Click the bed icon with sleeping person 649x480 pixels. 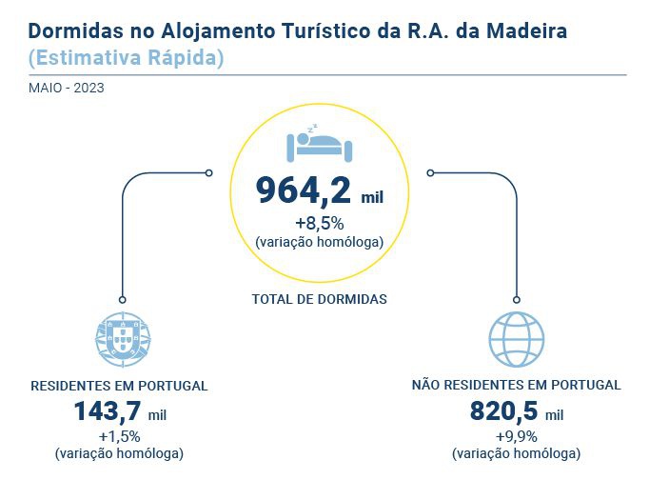click(320, 144)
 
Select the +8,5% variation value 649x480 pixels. click(319, 225)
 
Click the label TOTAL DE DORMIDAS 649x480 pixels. click(320, 299)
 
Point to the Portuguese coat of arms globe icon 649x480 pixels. click(124, 338)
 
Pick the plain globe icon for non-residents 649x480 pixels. click(516, 338)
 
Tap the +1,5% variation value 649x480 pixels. click(119, 436)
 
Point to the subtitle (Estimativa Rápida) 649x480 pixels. click(127, 57)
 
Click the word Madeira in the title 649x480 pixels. click(526, 31)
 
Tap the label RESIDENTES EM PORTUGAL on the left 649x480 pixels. click(119, 387)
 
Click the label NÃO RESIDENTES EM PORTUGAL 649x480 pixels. click(516, 386)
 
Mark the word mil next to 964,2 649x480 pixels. click(372, 198)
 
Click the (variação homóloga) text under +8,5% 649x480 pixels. click(320, 242)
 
